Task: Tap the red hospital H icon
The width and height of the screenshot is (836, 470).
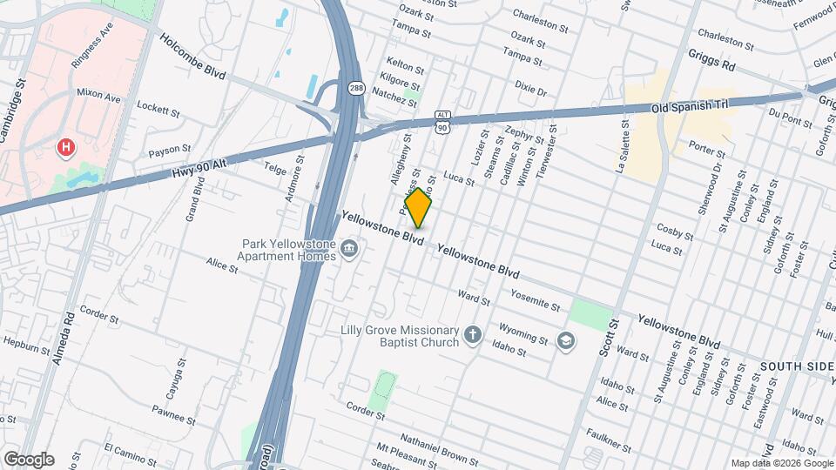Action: [64, 148]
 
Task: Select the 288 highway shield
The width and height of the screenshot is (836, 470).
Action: [356, 88]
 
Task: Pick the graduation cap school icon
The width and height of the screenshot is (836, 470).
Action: [567, 339]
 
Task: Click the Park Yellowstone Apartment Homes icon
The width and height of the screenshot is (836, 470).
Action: [349, 250]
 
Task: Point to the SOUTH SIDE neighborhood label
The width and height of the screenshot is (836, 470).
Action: [796, 366]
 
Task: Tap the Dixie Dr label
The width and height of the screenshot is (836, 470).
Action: [530, 90]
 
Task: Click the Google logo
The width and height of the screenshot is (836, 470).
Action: [29, 459]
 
